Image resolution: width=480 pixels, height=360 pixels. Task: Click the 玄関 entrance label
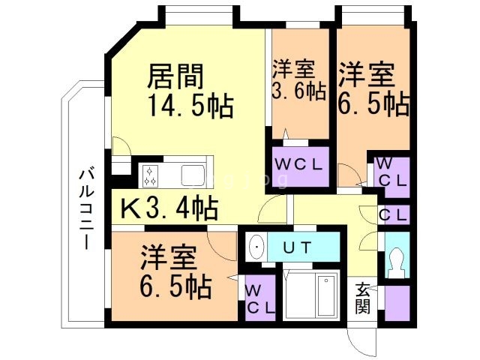[363, 297]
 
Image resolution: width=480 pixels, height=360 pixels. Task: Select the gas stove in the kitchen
[149, 175]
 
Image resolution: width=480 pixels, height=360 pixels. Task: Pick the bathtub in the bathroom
[328, 295]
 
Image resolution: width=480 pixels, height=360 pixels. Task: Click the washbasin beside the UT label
[256, 246]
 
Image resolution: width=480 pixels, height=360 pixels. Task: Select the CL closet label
[394, 215]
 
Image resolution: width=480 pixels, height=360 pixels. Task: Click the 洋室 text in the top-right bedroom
[366, 75]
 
